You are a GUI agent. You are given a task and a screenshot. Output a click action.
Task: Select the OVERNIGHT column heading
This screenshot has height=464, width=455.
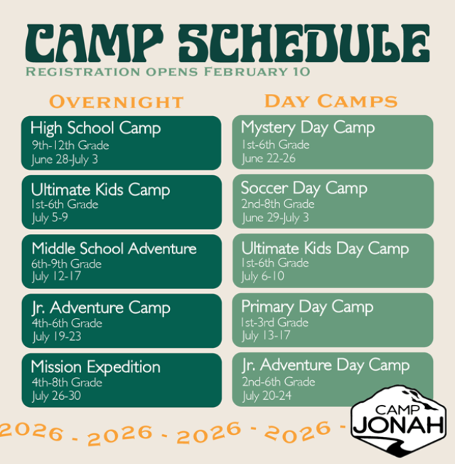coord(117,102)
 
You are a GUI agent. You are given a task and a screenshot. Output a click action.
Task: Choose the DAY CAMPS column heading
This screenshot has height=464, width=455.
coord(331,100)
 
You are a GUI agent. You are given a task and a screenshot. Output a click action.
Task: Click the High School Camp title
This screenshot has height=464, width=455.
coord(95,129)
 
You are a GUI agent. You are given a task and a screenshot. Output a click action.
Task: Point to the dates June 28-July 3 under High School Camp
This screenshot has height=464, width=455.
coord(65,159)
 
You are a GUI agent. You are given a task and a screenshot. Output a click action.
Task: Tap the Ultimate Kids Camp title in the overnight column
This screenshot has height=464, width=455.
coord(100,190)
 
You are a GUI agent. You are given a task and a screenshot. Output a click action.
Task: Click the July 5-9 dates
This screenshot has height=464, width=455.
coord(50,218)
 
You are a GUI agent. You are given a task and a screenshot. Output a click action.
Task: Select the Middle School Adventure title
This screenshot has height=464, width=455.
coord(114,248)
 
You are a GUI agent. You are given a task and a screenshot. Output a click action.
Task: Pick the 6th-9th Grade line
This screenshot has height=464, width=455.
coord(66,264)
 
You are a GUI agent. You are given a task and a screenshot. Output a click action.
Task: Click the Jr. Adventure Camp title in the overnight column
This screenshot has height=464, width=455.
coord(100,308)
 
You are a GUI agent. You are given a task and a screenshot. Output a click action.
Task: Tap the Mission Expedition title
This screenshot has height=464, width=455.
coord(95,367)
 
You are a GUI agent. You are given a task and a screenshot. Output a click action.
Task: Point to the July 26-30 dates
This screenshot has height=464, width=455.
coord(56,396)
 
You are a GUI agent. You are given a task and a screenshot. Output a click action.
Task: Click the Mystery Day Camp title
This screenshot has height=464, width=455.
coord(308,128)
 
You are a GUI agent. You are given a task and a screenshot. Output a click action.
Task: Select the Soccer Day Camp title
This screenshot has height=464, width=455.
coord(304,189)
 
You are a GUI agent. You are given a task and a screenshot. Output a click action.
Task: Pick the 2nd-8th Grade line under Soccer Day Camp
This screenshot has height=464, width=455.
coord(277,204)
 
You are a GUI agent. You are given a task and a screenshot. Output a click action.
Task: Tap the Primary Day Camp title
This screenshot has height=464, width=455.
coord(307,307)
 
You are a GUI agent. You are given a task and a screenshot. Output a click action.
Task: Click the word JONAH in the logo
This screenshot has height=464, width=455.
coord(399,425)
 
